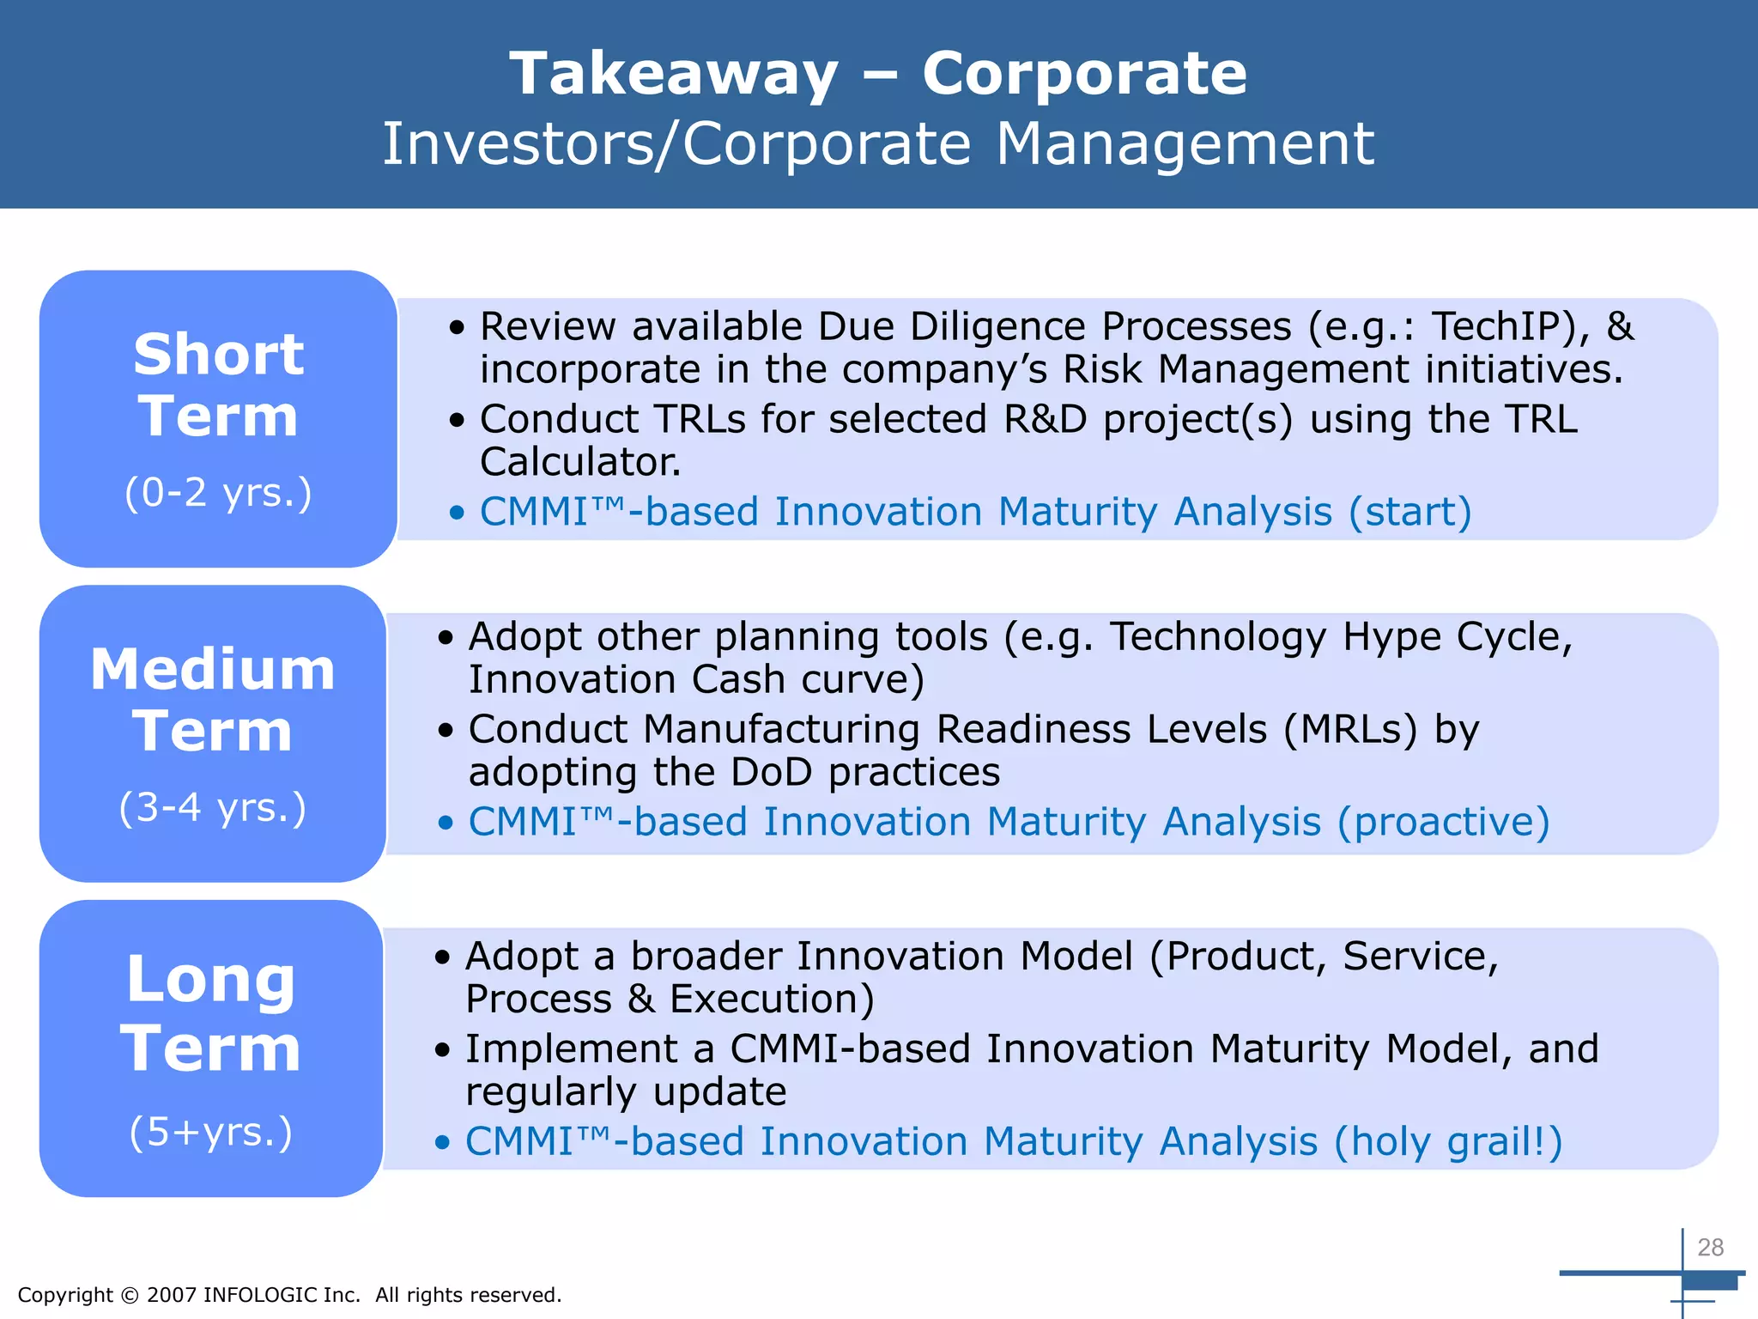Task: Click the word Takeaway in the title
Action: click(x=674, y=75)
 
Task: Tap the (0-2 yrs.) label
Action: click(x=218, y=493)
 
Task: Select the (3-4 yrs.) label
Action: click(x=213, y=808)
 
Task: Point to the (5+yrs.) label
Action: click(x=211, y=1132)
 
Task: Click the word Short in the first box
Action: click(x=219, y=354)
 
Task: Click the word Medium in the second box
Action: click(x=213, y=669)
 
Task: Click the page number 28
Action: click(x=1710, y=1247)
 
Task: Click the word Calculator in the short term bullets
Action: click(x=579, y=462)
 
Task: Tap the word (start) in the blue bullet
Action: click(x=1409, y=512)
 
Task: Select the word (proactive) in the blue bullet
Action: click(x=1443, y=822)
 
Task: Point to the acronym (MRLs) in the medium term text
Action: click(x=1350, y=729)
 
